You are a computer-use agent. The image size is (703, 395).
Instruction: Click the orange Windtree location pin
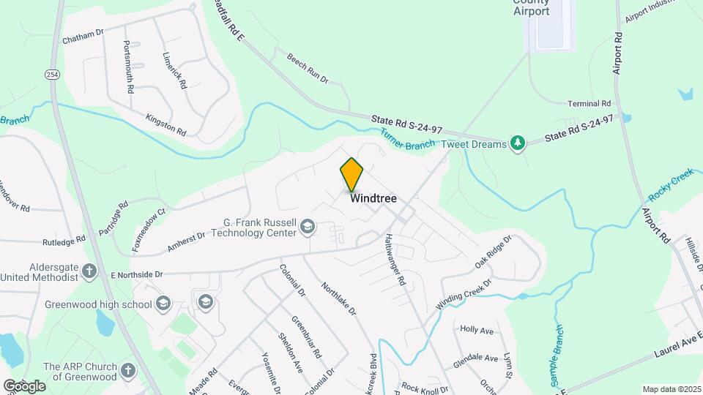tap(351, 174)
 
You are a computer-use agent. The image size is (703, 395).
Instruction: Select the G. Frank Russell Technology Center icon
tap(308, 228)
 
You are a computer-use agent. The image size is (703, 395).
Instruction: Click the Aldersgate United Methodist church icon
tap(89, 271)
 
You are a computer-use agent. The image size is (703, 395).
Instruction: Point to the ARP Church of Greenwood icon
tap(129, 371)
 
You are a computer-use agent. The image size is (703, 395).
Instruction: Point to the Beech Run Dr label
tap(307, 67)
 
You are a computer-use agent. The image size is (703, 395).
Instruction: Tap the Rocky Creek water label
tap(670, 186)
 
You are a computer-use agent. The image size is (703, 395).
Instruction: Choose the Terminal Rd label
tap(589, 104)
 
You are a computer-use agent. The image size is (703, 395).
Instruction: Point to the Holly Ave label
tap(477, 330)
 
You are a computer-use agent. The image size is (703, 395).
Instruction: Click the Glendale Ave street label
tap(475, 358)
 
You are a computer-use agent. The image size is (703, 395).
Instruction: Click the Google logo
tap(24, 385)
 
